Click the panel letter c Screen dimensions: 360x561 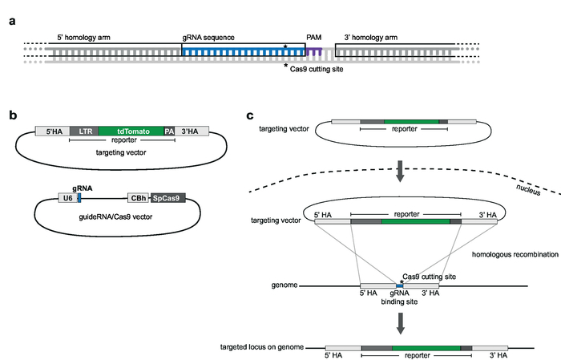tap(250, 115)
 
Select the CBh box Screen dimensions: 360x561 tap(138, 196)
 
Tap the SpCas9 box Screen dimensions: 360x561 tap(167, 196)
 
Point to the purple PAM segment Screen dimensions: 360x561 tap(315, 51)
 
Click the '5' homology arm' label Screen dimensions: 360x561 tap(86, 38)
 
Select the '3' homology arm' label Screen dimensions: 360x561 tap(368, 38)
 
